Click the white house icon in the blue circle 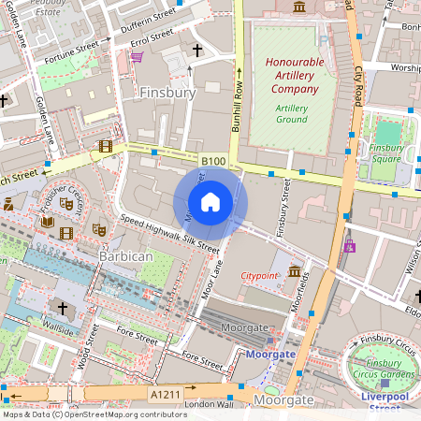pyautogui.click(x=210, y=202)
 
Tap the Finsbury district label pyautogui.click(x=167, y=93)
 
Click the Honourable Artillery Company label pyautogui.click(x=295, y=75)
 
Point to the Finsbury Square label pyautogui.click(x=385, y=153)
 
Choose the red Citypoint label pyautogui.click(x=261, y=277)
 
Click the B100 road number pyautogui.click(x=213, y=162)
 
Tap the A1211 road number pyautogui.click(x=166, y=395)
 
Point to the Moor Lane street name pyautogui.click(x=213, y=282)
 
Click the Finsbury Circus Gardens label pyautogui.click(x=385, y=369)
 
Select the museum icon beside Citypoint pyautogui.click(x=295, y=272)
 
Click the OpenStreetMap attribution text pyautogui.click(x=94, y=414)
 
